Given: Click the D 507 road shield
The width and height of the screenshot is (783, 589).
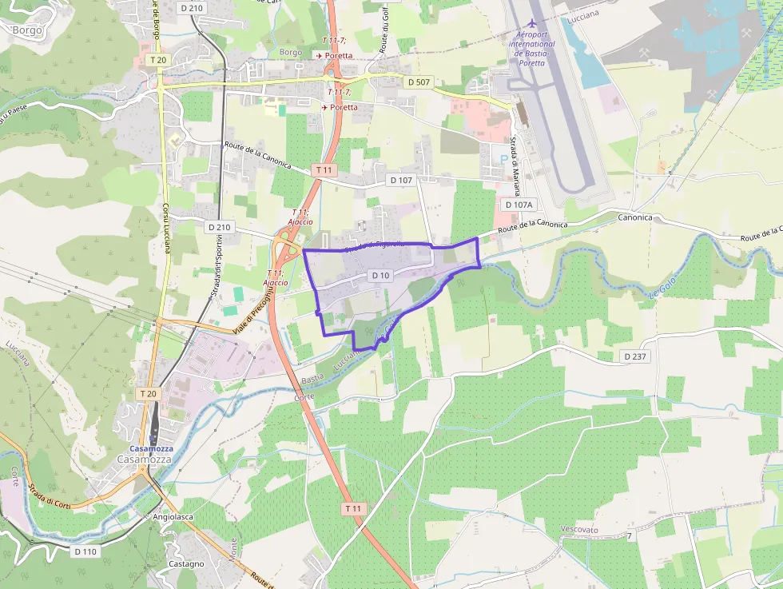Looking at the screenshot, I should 419,82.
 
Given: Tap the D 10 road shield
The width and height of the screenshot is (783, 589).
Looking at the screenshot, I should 380,276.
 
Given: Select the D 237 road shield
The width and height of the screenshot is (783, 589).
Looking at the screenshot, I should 634,356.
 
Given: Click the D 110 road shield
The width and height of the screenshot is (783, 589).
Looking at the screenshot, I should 85,551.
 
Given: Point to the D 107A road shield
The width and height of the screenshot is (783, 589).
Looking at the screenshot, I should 518,205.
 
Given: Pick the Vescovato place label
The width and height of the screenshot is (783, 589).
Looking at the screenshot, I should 579,530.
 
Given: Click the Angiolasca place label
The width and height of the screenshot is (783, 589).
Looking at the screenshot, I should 173,517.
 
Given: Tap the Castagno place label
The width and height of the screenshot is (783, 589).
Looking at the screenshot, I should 186,563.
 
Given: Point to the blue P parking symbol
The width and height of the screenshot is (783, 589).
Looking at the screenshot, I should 503,159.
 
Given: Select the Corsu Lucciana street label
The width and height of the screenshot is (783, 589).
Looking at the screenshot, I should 167,227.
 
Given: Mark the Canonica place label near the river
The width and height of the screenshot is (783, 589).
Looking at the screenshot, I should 635,217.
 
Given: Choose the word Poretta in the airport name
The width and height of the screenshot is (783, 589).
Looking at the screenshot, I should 532,62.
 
